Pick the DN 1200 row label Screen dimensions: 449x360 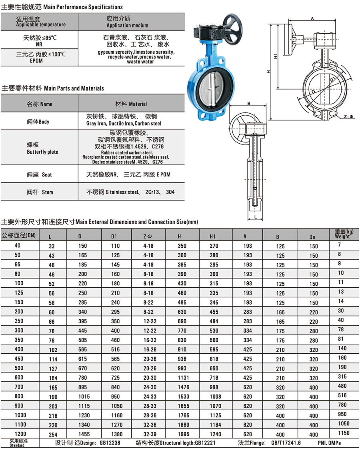click(20, 434)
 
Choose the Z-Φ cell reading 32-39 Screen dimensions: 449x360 click(148, 434)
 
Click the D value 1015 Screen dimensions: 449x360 click(82, 397)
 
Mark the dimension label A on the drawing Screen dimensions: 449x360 click(312, 18)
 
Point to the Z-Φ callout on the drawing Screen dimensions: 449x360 click(348, 117)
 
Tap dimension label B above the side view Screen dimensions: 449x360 click(248, 104)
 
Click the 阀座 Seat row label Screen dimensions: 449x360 click(39, 175)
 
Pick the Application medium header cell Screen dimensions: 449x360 click(127, 22)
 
